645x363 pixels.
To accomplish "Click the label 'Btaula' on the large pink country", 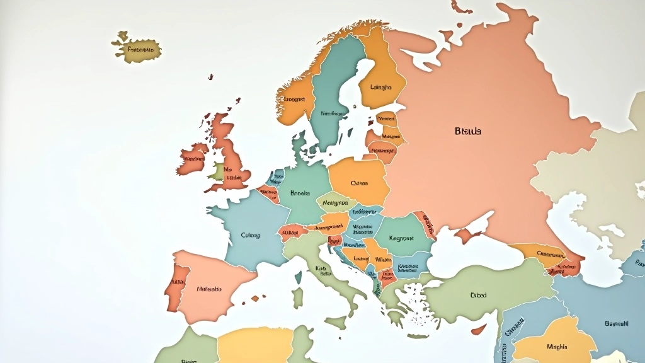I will click(467, 131).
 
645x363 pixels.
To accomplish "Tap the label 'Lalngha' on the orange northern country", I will click(380, 88).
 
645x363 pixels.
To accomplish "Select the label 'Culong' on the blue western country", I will click(250, 235).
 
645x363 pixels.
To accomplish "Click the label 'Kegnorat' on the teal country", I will click(401, 239).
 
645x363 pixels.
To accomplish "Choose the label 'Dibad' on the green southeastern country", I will click(478, 294).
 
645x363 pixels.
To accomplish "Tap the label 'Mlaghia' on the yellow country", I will click(556, 346).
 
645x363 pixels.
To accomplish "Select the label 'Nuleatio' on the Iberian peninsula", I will click(209, 289).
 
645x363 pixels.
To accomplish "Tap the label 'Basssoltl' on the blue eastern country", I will click(616, 323).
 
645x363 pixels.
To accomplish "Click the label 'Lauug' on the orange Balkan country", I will click(361, 258).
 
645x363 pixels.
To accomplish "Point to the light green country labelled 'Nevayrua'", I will click(335, 203).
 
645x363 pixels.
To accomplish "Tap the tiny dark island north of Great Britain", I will click(210, 77).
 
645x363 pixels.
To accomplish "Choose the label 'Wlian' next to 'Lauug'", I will click(383, 259).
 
